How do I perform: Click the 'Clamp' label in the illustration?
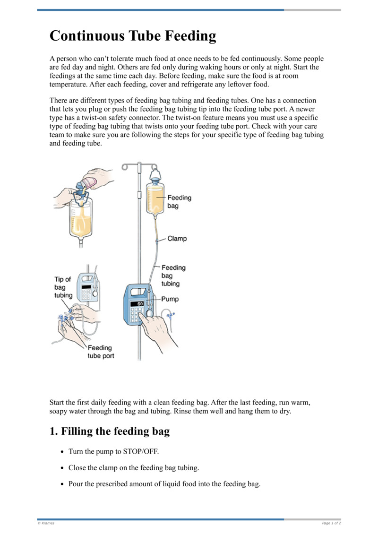click(x=177, y=239)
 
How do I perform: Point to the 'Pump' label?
click(x=170, y=299)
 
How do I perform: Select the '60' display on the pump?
click(x=140, y=303)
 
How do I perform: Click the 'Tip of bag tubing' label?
click(x=62, y=287)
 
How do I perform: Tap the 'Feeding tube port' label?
click(x=101, y=352)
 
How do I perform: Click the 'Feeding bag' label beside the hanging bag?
click(x=179, y=202)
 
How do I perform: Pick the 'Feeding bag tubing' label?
click(x=173, y=276)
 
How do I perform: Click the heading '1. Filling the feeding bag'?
click(x=110, y=431)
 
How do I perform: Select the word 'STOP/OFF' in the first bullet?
click(x=141, y=451)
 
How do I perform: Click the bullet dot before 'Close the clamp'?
click(x=62, y=468)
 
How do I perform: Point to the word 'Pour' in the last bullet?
click(x=76, y=484)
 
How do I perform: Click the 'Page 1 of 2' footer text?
click(x=331, y=523)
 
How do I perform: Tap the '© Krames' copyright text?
click(x=46, y=523)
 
